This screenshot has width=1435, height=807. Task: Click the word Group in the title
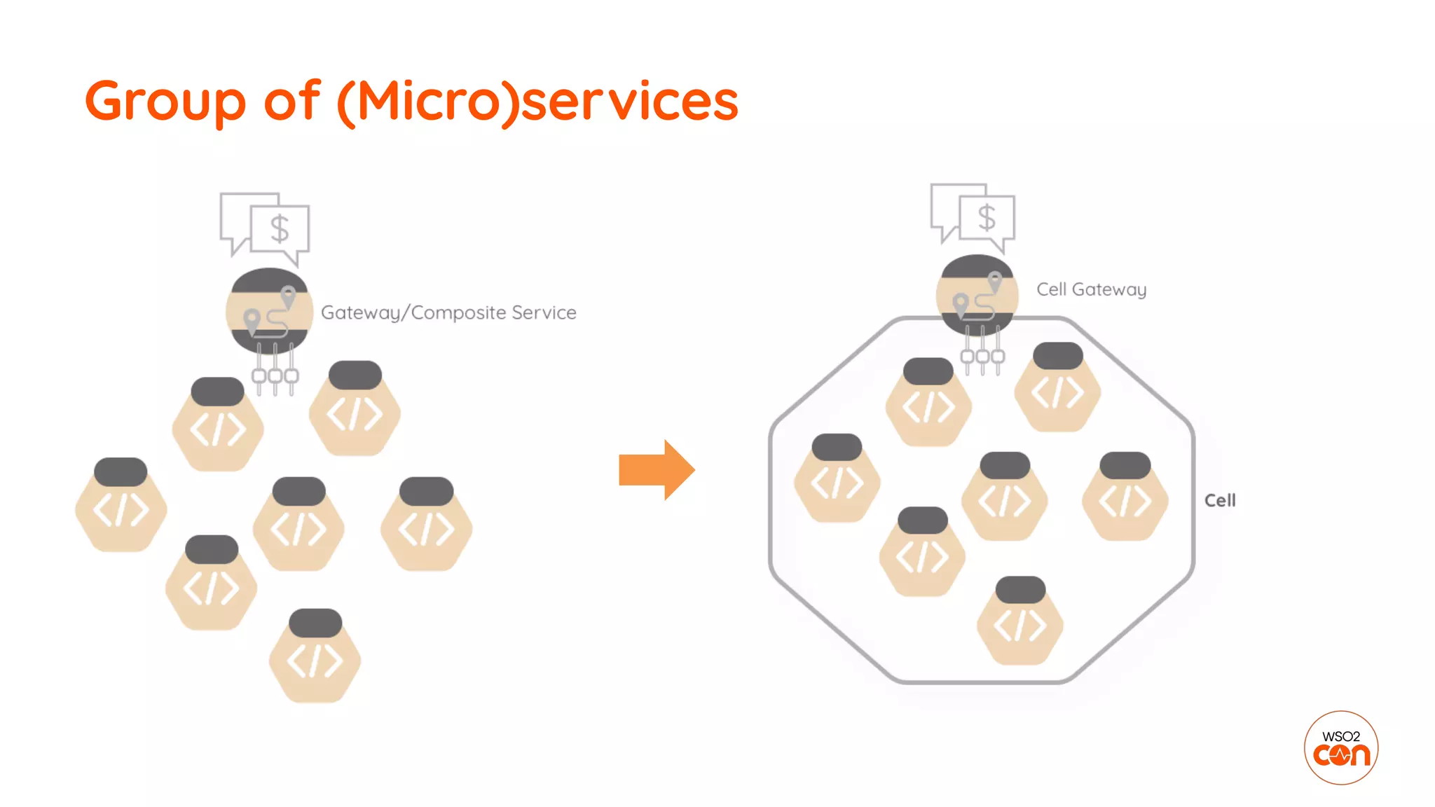(x=165, y=102)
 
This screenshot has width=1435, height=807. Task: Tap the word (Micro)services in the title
(x=537, y=102)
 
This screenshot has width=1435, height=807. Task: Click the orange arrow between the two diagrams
(x=656, y=470)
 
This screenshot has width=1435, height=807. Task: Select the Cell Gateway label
(x=1091, y=289)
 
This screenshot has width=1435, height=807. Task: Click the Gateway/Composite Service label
(x=448, y=312)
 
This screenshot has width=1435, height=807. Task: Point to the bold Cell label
(x=1219, y=500)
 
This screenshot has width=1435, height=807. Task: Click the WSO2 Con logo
(x=1340, y=748)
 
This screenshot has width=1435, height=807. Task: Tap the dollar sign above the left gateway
(x=280, y=228)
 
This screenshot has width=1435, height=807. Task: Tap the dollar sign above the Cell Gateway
(x=987, y=218)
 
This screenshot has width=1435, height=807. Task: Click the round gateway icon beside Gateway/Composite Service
(x=269, y=311)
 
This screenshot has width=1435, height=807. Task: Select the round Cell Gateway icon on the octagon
(x=977, y=296)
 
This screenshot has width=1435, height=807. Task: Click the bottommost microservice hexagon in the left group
(x=315, y=657)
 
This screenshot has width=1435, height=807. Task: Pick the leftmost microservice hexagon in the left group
(x=121, y=506)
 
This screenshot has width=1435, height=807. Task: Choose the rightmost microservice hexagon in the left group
(x=426, y=525)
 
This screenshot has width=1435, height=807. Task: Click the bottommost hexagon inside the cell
(x=1020, y=623)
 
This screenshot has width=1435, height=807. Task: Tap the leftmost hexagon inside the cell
(x=837, y=480)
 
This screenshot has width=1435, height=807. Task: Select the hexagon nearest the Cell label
(x=1125, y=498)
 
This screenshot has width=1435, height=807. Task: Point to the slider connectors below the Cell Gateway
(x=982, y=354)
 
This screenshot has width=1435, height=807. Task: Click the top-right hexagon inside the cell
(x=1057, y=389)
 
